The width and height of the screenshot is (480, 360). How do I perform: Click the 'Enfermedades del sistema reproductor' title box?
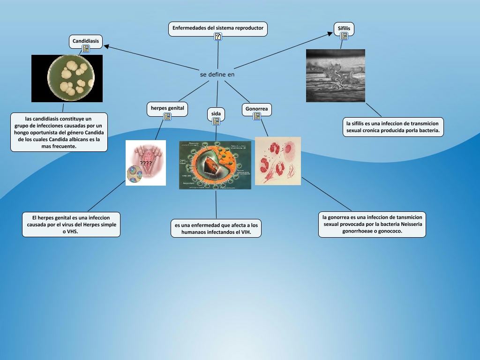point(218,28)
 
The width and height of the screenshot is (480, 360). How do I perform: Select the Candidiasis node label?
point(86,41)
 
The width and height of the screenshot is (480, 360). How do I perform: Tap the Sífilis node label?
point(344,29)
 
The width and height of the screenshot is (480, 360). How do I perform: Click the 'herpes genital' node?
point(167,109)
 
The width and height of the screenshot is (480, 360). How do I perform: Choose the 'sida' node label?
point(216,113)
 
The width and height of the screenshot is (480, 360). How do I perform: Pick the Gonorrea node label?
point(256,109)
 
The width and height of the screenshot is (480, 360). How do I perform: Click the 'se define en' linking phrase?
point(217,74)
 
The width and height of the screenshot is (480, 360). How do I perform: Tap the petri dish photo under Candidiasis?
point(67,78)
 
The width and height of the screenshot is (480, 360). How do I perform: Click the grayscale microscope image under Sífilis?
point(335,75)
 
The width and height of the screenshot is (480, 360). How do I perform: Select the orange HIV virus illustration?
point(215,165)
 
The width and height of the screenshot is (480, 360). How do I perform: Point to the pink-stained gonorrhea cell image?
point(277,161)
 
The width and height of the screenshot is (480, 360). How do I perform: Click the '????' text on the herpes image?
point(146,163)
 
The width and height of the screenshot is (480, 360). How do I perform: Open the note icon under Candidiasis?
point(86,49)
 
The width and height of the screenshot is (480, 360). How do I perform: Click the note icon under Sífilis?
point(344,36)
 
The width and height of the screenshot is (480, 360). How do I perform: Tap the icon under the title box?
point(218,36)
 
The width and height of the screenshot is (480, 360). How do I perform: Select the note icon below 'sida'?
point(216,121)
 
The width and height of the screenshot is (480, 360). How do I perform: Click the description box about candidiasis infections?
point(59,132)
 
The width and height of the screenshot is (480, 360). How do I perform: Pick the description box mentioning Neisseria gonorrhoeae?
point(372,224)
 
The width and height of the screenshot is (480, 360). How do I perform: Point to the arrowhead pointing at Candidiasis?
point(107,46)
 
